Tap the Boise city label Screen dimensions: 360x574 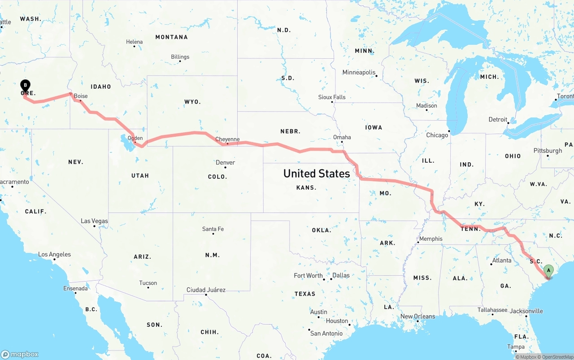[81, 96]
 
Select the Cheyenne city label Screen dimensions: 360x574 [227, 139]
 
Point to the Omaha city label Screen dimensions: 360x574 [342, 137]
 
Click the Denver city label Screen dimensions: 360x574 [225, 163]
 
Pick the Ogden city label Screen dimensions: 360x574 [135, 138]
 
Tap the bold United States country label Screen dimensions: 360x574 [317, 173]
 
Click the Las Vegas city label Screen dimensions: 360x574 [94, 221]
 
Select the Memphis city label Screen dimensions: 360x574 [430, 239]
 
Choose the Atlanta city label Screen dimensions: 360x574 [501, 260]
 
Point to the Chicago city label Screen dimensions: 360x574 [437, 135]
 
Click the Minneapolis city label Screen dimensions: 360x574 [359, 72]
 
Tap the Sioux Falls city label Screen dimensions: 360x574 [332, 97]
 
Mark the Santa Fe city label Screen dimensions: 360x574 [213, 229]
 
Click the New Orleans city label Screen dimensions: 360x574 [417, 317]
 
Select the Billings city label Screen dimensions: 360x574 [180, 57]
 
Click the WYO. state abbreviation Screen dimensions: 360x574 [193, 102]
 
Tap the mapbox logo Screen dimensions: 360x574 [20, 354]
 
